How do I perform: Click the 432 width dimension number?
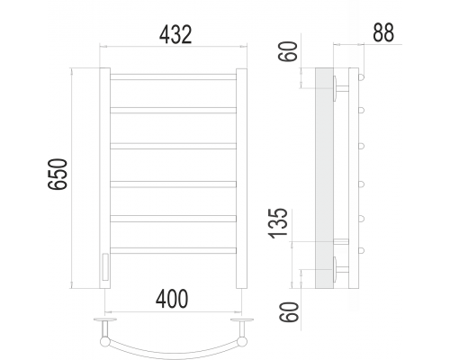click(x=175, y=35)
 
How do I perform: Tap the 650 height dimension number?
click(x=58, y=175)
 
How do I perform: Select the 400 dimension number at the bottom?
click(x=172, y=299)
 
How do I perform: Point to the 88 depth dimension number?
click(x=383, y=32)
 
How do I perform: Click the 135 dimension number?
click(x=278, y=223)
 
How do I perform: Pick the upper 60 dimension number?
click(x=288, y=51)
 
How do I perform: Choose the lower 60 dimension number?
click(x=289, y=312)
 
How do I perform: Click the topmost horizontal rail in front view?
click(x=174, y=76)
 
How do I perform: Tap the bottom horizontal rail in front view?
click(x=174, y=250)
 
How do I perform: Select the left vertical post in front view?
click(x=104, y=178)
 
